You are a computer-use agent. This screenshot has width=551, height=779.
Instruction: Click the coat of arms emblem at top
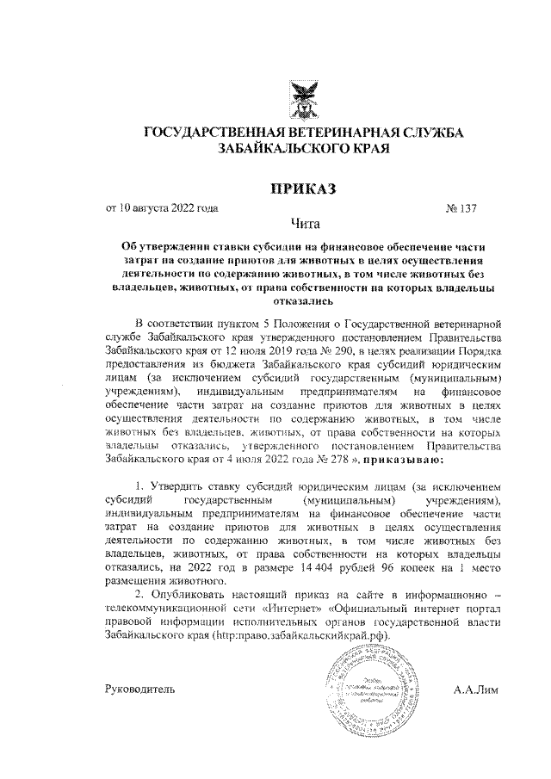coord(302,99)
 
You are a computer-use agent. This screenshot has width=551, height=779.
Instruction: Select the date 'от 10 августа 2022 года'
coord(161,207)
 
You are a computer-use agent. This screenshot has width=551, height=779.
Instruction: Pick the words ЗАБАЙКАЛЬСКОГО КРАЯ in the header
coord(302,149)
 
